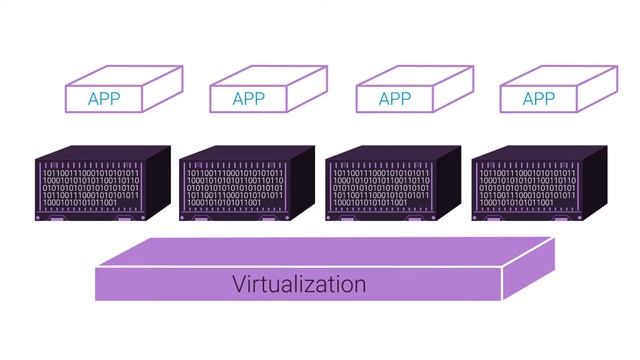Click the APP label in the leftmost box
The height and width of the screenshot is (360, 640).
click(x=105, y=99)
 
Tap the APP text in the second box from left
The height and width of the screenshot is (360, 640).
click(x=248, y=99)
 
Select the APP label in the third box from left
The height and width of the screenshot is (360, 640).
click(x=395, y=99)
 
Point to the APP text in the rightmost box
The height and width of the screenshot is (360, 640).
click(x=538, y=99)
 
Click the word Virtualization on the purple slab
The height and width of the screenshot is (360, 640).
click(x=299, y=284)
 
